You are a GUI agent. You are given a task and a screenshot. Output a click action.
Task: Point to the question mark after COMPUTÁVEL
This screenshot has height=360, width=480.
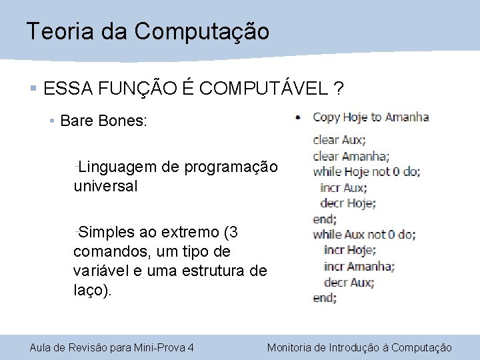[x=340, y=89]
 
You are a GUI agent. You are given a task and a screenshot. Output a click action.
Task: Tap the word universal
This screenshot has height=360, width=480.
[x=105, y=186]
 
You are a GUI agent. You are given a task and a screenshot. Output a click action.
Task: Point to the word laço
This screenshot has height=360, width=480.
[x=90, y=290]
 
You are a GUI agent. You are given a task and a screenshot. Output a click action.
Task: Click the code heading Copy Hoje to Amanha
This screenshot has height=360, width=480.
[x=370, y=117]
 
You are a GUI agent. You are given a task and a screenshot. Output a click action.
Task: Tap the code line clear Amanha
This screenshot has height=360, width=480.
[x=351, y=156]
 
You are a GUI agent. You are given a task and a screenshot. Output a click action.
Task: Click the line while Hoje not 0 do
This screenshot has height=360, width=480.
[x=366, y=171]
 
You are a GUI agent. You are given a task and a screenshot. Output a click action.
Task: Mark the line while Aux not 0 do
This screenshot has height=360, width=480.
[x=364, y=234]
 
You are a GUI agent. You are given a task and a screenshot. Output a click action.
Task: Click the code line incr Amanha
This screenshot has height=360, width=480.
[x=359, y=266]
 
